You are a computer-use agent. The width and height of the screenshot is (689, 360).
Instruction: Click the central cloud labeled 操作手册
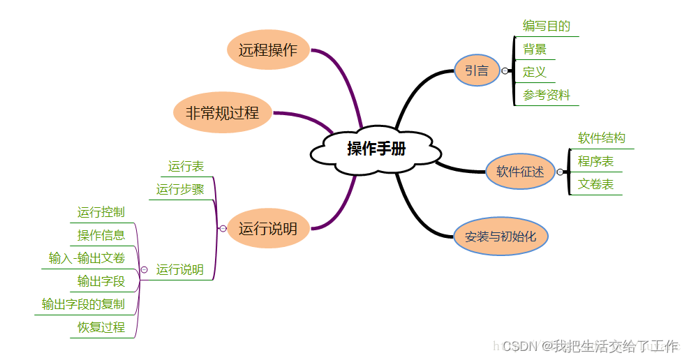[376, 149]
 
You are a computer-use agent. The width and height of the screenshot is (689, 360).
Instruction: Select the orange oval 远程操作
[268, 50]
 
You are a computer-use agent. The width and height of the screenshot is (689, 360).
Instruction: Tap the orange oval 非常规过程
[222, 112]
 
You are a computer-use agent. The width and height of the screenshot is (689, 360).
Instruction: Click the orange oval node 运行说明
[268, 228]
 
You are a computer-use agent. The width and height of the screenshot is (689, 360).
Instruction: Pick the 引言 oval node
[477, 70]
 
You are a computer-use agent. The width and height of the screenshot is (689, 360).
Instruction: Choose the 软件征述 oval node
[520, 171]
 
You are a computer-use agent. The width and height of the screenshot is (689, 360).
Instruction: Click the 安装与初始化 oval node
[501, 237]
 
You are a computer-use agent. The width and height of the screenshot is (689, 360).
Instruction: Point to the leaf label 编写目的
[547, 27]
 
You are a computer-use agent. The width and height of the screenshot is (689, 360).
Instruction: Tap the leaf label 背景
[535, 50]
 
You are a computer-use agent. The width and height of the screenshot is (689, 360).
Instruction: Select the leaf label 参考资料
[547, 95]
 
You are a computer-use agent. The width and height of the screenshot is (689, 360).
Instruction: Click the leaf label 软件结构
[602, 138]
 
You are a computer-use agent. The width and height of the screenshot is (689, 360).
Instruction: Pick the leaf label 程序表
[595, 161]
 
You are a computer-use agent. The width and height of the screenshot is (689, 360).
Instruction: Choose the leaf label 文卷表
[595, 184]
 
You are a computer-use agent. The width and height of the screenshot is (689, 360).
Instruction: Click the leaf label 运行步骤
[180, 189]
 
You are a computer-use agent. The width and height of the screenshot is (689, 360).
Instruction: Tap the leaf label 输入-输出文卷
[87, 258]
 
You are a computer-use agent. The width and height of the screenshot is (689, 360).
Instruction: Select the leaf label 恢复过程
[101, 327]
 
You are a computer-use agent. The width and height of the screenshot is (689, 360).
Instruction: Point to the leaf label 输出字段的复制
[83, 304]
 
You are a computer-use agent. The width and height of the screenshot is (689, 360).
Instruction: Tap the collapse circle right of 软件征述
[560, 172]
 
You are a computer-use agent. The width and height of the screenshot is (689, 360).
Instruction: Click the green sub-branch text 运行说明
[180, 269]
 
